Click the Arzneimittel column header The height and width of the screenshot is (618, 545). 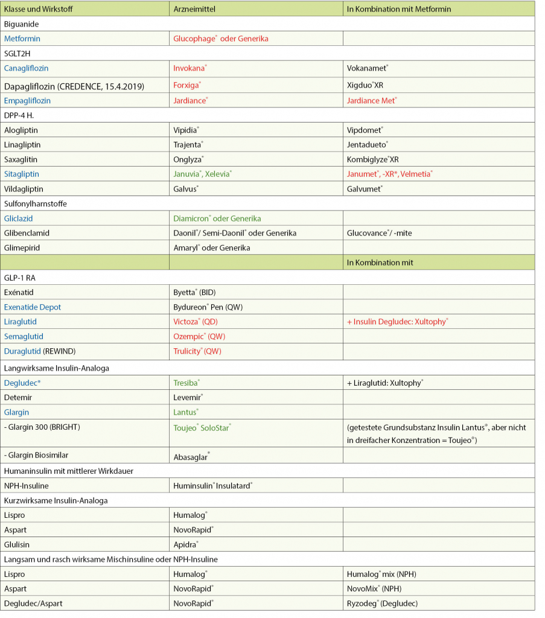(x=194, y=9)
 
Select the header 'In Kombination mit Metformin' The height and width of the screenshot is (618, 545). (x=398, y=9)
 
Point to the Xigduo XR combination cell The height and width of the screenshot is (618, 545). (x=365, y=86)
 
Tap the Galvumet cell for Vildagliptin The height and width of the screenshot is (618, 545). (x=365, y=189)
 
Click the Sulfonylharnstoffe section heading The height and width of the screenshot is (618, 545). (x=35, y=204)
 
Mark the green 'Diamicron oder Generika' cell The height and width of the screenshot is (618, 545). (x=217, y=218)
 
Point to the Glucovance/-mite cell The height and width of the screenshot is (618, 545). (x=379, y=233)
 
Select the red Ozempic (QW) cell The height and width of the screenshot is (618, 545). (x=199, y=336)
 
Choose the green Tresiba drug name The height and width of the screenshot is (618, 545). (x=186, y=383)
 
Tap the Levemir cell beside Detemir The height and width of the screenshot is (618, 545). (x=187, y=398)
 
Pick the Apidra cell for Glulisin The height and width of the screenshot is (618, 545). (x=185, y=544)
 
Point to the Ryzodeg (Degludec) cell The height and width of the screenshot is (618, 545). (x=382, y=604)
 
